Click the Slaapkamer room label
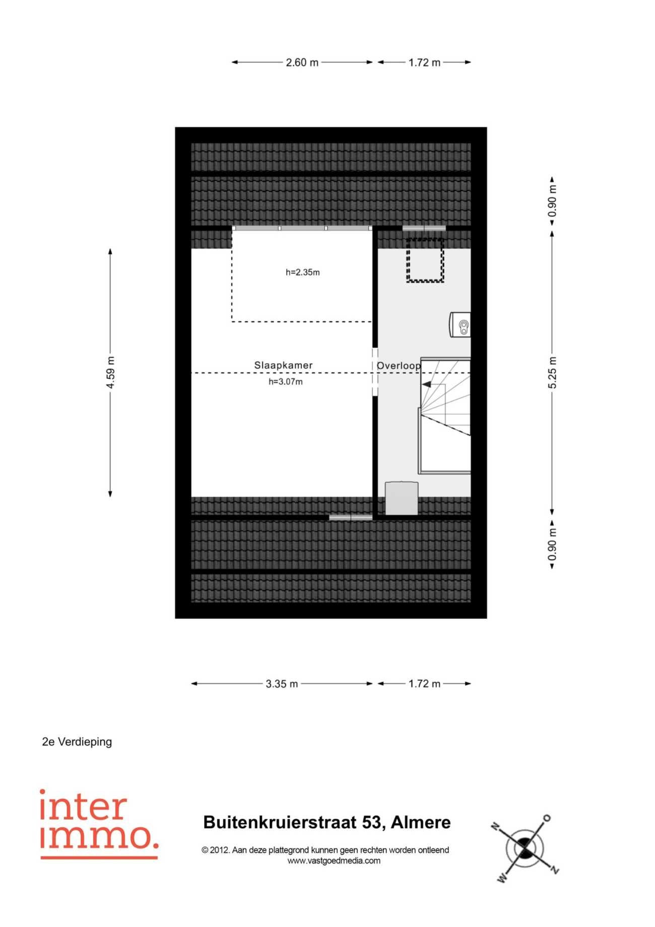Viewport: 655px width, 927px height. tap(283, 365)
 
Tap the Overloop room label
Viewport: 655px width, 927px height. tap(399, 366)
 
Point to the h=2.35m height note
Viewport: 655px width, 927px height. tap(302, 272)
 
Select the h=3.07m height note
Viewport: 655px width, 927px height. tap(286, 382)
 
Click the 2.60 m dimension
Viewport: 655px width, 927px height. tap(302, 63)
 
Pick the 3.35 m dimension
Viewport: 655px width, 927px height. tap(282, 684)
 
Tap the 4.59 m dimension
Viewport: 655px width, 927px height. tap(110, 373)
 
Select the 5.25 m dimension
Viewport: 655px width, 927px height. tap(553, 373)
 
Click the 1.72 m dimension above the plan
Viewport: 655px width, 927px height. tap(424, 63)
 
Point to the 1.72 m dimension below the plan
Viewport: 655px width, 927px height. tap(424, 684)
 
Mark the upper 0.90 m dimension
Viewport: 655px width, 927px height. tap(553, 201)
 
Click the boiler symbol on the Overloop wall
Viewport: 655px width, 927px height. tap(461, 324)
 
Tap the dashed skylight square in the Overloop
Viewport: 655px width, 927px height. tap(425, 260)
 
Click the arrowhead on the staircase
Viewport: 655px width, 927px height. tap(426, 384)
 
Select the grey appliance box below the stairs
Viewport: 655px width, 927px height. tap(402, 498)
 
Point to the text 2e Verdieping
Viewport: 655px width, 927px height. tap(77, 742)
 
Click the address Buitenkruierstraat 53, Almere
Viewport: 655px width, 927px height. tap(327, 823)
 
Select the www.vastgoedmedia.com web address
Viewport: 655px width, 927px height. tap(334, 861)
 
